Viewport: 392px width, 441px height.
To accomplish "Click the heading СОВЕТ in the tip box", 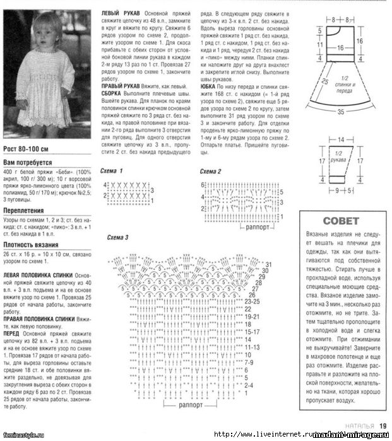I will [340, 221].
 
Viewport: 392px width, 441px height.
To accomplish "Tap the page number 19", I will [383, 426].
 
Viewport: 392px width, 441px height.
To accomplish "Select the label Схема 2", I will [211, 172].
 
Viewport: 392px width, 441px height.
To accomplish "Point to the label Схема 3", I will [118, 237].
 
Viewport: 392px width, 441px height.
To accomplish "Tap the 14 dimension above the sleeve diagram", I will [341, 138].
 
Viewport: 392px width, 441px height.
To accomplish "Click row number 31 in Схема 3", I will [268, 264].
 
